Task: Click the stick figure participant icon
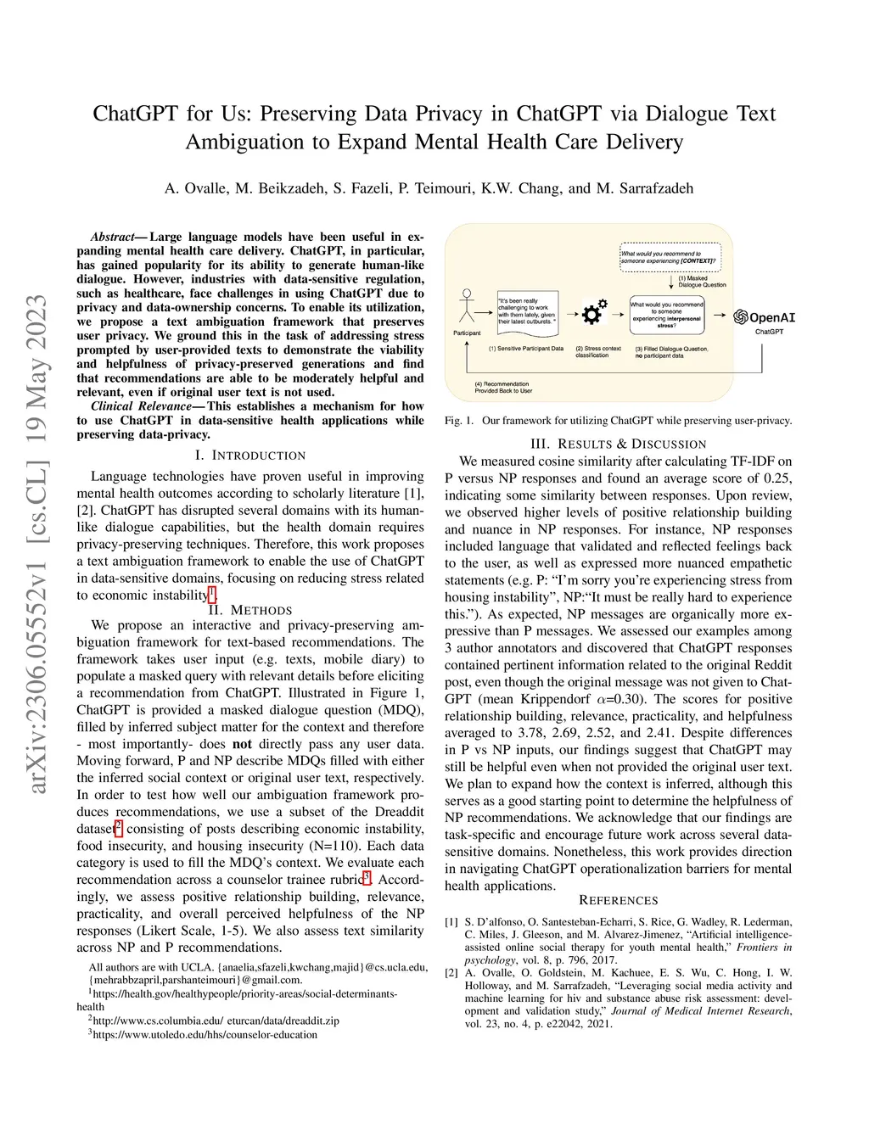click(x=466, y=306)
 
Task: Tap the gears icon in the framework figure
click(x=593, y=312)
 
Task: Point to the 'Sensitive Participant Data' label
click(x=526, y=349)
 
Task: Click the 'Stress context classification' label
click(x=598, y=352)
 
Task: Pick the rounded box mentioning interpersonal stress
click(x=667, y=315)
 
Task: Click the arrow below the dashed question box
click(x=671, y=282)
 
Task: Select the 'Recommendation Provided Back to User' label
click(x=503, y=388)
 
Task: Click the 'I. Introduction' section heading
click(x=250, y=456)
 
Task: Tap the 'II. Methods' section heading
click(x=250, y=610)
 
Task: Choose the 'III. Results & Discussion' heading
click(x=618, y=444)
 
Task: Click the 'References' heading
click(x=618, y=901)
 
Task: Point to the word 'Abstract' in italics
click(x=113, y=238)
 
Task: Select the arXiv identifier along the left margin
click(x=36, y=544)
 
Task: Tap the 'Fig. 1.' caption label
click(x=459, y=421)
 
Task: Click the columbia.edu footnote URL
click(x=216, y=1021)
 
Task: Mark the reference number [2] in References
click(x=451, y=973)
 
